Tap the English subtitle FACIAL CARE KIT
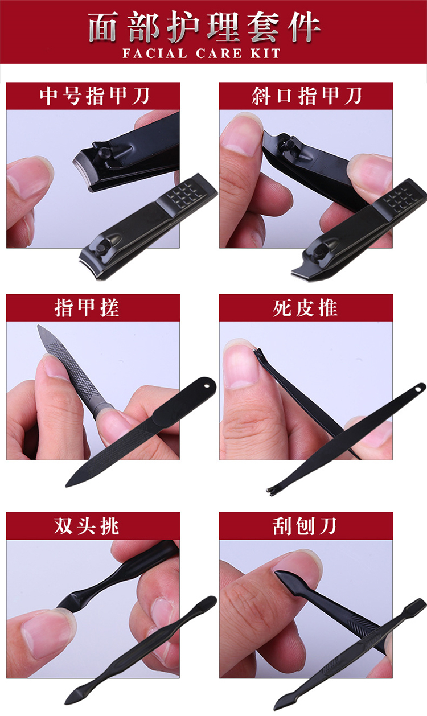pos(202,54)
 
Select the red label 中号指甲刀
pos(95,96)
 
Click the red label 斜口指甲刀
pos(307,96)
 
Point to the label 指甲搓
pos(87,308)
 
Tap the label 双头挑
pos(87,526)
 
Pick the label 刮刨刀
pos(305,526)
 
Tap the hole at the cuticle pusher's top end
pos(418,389)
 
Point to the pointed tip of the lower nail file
pos(67,486)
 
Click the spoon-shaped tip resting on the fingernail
pos(285,579)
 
